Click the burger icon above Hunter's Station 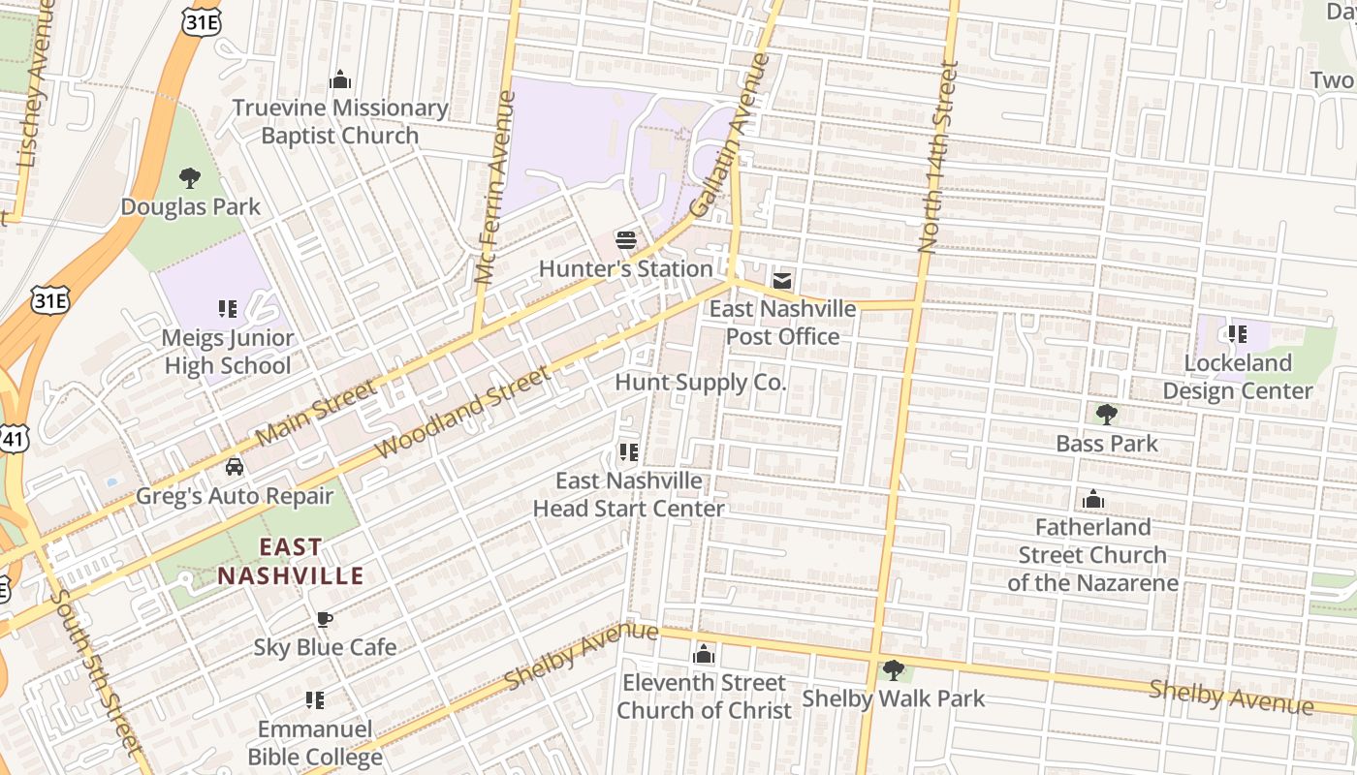coord(626,239)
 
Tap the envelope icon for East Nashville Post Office coord(781,281)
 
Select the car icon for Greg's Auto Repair coord(234,467)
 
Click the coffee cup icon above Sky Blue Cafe coord(325,619)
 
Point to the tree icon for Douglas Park coord(190,177)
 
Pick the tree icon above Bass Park coord(1106,415)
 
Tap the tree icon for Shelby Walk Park coord(893,669)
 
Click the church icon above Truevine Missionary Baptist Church coord(339,78)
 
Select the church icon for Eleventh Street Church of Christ coord(704,654)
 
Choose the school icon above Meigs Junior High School coord(228,309)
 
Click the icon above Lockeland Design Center coord(1237,334)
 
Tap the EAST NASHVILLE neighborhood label coord(290,561)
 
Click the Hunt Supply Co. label coord(700,383)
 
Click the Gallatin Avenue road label coord(729,136)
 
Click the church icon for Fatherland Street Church coord(1093,500)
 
